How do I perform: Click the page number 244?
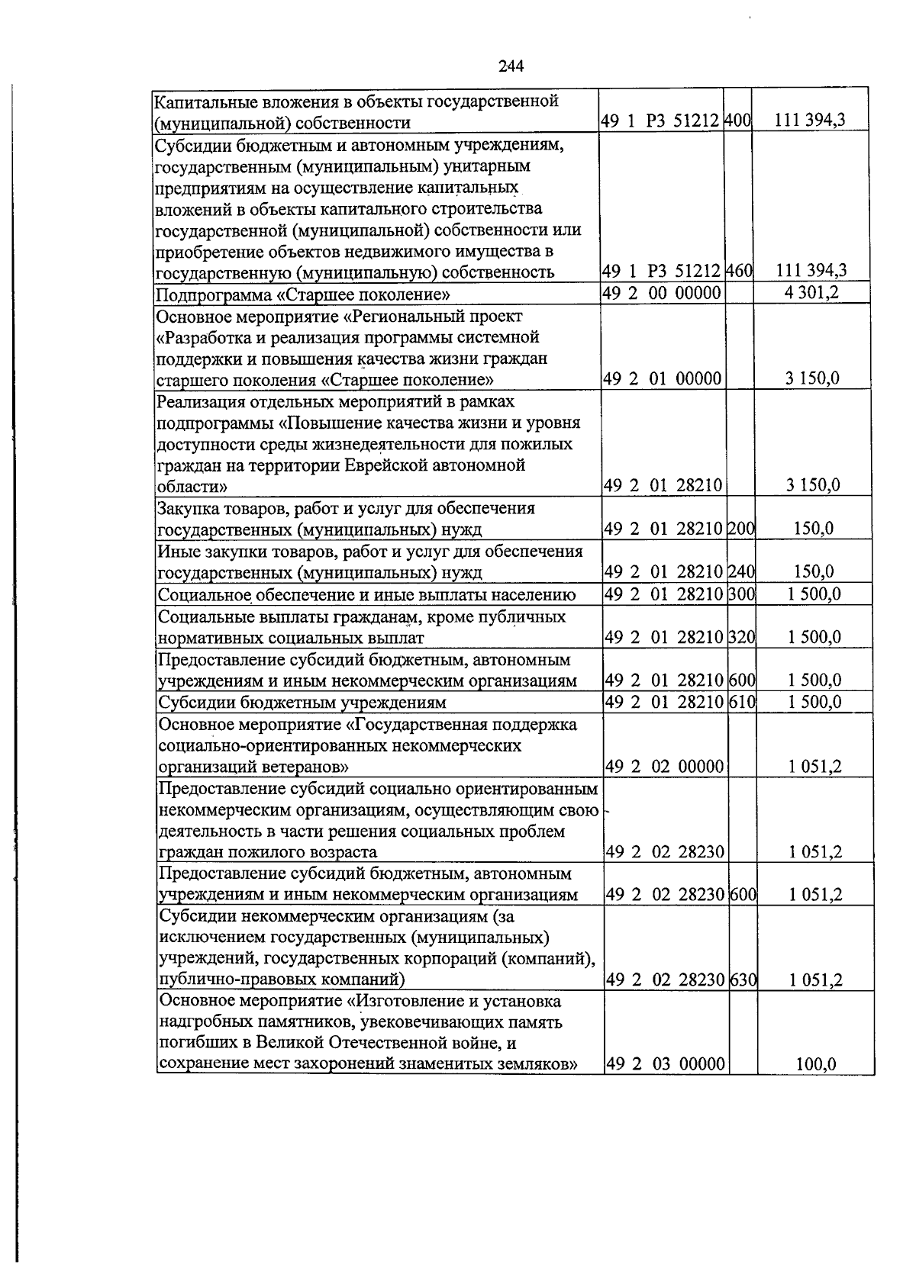click(x=511, y=66)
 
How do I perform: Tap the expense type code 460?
click(x=738, y=271)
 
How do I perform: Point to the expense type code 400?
click(x=738, y=121)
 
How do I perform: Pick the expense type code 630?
click(x=743, y=980)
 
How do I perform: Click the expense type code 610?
click(x=742, y=701)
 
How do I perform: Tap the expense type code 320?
click(x=742, y=637)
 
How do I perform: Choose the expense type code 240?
click(x=741, y=572)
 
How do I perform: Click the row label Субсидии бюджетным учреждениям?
click(x=302, y=702)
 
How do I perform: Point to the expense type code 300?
click(x=741, y=594)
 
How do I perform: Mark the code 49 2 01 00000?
click(x=663, y=379)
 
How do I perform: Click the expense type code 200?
click(x=741, y=529)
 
